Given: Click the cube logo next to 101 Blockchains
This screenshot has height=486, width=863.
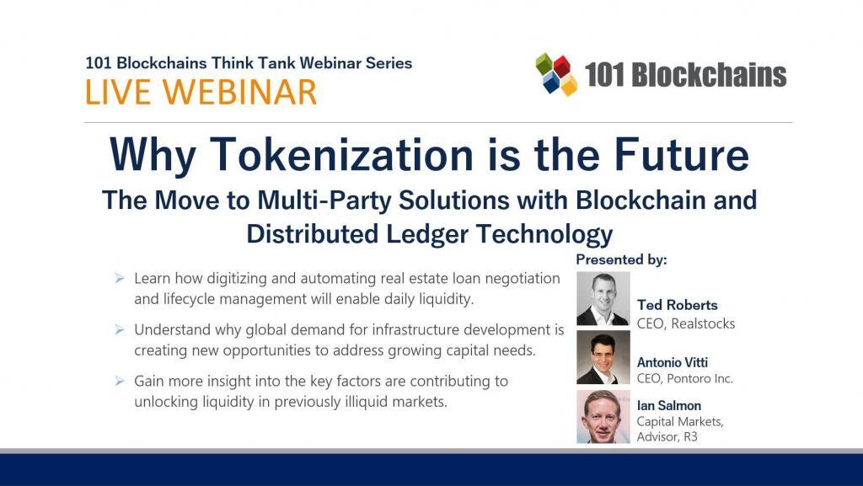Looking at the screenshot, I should [556, 74].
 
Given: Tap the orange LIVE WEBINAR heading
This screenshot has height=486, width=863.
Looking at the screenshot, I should [201, 92].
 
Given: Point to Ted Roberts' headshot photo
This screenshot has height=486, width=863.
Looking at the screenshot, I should [603, 298].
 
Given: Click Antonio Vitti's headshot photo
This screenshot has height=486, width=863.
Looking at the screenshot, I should [603, 357].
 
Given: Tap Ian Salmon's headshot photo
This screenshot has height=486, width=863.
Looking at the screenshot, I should [603, 416].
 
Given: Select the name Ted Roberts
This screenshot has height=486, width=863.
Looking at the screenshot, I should [678, 305].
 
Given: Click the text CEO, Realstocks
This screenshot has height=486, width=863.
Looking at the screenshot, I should [686, 323].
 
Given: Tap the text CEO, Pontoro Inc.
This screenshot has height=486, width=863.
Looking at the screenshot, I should [685, 379].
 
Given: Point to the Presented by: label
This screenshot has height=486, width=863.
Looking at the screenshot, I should [621, 259].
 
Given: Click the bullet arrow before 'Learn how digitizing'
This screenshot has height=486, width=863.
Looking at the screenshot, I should [120, 277].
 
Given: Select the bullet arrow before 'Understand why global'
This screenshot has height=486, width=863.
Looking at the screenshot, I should [120, 328].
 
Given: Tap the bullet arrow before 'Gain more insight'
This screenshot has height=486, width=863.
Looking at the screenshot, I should [120, 381].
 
